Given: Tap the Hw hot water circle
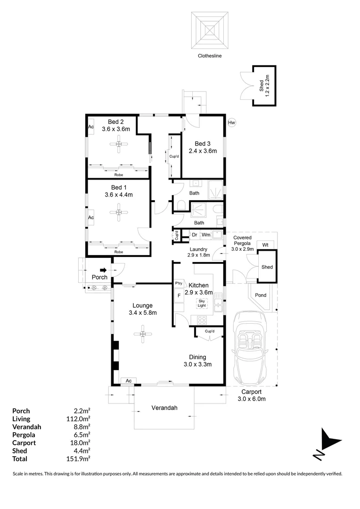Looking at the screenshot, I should [231, 123].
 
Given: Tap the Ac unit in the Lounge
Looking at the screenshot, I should [128, 380].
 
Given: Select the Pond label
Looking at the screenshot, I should [261, 296].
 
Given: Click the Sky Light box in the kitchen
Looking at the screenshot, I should [202, 303].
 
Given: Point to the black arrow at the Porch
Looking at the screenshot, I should [103, 270].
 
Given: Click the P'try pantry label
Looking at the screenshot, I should [179, 284].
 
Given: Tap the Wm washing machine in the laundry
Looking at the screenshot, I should [206, 235].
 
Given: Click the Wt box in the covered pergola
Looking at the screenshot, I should [265, 245].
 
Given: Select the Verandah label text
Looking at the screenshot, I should [164, 408].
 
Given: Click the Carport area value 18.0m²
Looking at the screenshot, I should [81, 443].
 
